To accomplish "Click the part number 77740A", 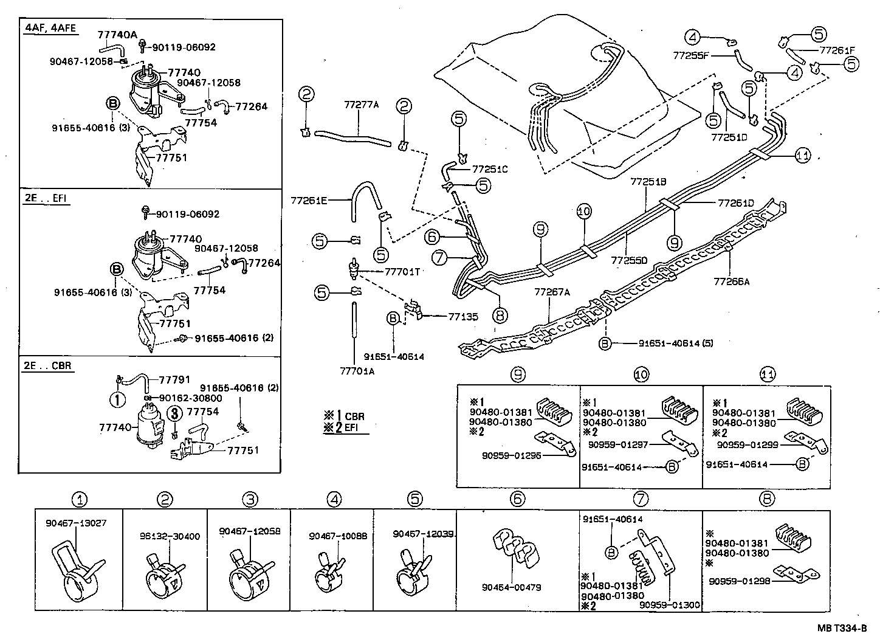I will click(x=117, y=35).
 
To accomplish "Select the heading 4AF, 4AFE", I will click(x=52, y=28).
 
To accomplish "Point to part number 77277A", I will click(x=361, y=105).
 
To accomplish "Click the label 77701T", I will click(x=402, y=272).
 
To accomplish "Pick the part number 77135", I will click(x=463, y=317).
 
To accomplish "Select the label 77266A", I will click(x=731, y=281).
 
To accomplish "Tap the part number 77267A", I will click(x=552, y=292).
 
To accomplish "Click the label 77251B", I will click(x=648, y=182).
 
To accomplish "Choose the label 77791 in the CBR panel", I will click(x=176, y=379).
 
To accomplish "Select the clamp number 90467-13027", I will click(x=76, y=522).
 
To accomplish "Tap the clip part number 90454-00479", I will click(x=511, y=587).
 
